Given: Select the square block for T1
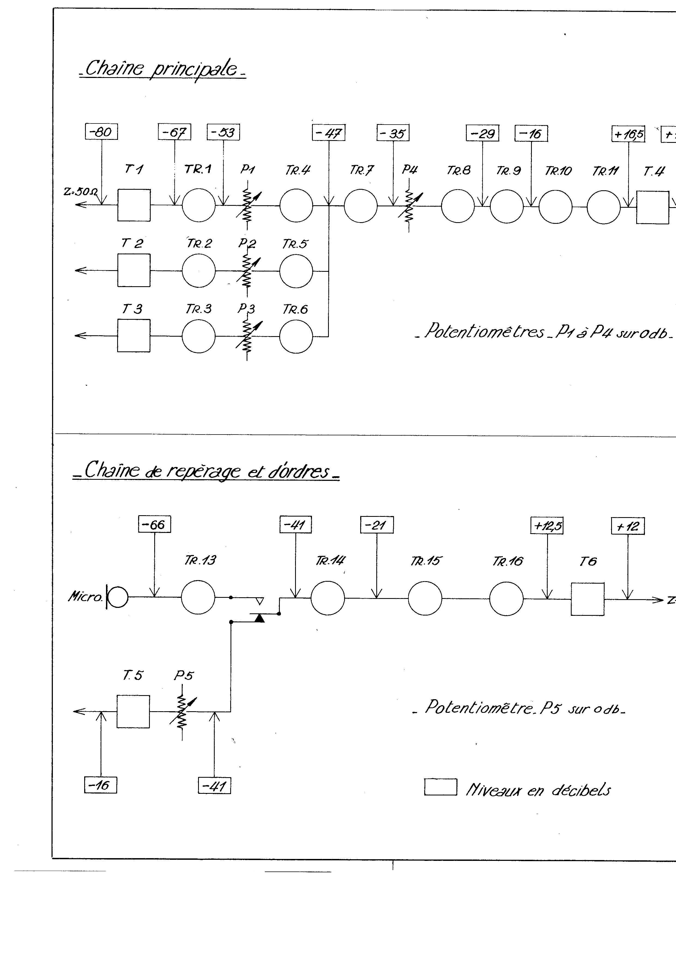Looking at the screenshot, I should pyautogui.click(x=134, y=205).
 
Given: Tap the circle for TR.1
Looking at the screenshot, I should pyautogui.click(x=199, y=205).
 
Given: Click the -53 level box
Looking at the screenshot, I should pyautogui.click(x=223, y=132).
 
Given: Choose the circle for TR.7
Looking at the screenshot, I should pyautogui.click(x=360, y=206).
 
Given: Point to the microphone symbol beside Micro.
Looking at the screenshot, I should pyautogui.click(x=119, y=597).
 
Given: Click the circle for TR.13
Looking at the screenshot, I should pyautogui.click(x=198, y=597).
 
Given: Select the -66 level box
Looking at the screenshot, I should pyautogui.click(x=154, y=524).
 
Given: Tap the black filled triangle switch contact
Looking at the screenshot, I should pyautogui.click(x=259, y=618).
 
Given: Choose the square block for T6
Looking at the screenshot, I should pyautogui.click(x=587, y=599).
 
